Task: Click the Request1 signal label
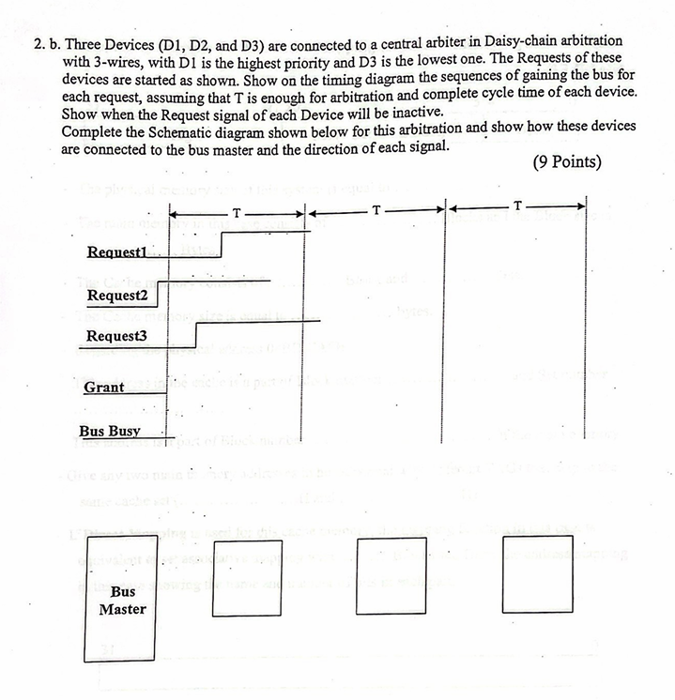tap(119, 251)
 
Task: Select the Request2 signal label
tap(117, 296)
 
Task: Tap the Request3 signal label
tap(117, 336)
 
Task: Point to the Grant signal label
tap(104, 387)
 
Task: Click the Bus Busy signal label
tap(109, 431)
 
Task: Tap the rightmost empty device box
tap(537, 572)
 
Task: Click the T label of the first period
tap(237, 213)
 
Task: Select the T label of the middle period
tap(376, 208)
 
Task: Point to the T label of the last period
tap(517, 205)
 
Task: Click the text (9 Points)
tap(566, 161)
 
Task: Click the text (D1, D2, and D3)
tap(223, 44)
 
